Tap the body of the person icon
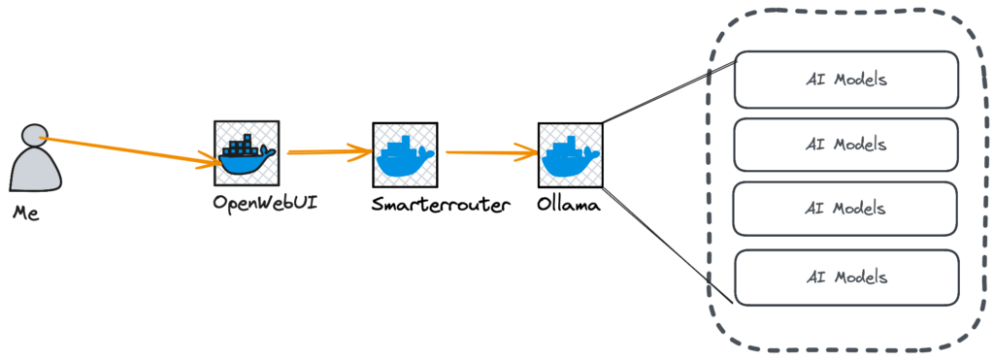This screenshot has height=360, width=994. click(36, 169)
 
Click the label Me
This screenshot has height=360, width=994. click(26, 212)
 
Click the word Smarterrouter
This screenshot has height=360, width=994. click(440, 205)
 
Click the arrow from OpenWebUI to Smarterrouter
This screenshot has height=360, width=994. click(325, 151)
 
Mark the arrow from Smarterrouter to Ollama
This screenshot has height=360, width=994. click(490, 152)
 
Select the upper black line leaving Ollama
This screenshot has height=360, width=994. click(670, 91)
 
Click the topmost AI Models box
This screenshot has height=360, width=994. click(845, 80)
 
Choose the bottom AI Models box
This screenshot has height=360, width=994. click(845, 277)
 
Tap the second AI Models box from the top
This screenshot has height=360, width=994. click(845, 144)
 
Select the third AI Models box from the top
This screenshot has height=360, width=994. click(845, 209)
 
